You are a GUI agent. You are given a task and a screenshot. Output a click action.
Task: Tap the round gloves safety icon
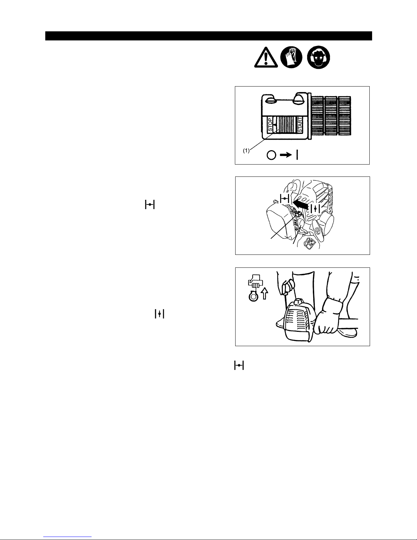point(291,57)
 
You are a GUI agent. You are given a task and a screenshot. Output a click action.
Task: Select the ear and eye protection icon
point(319,57)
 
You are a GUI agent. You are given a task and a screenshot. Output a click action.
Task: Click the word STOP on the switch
point(270,125)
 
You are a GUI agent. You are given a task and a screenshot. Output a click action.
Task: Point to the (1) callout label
point(246,151)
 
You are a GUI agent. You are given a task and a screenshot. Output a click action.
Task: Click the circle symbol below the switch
point(271,155)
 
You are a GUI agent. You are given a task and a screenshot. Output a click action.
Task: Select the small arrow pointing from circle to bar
point(286,155)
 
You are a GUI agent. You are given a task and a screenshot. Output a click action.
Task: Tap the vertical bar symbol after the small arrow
point(297,155)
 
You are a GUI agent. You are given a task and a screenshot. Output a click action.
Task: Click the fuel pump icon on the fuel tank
point(309,244)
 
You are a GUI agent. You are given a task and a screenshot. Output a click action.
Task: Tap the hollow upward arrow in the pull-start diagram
point(265,293)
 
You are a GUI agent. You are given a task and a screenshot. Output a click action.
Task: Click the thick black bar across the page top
point(208,36)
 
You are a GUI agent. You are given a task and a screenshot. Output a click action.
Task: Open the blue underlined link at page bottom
point(67,537)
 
